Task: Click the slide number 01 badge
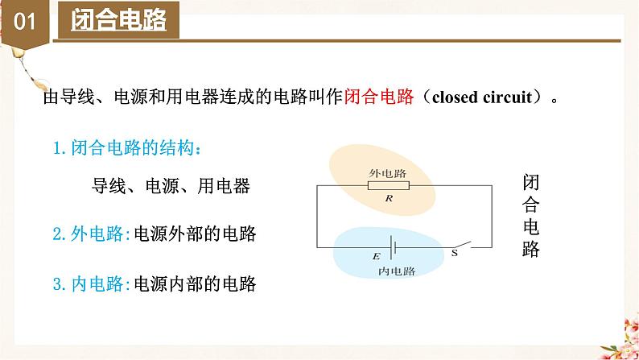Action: [x=25, y=22]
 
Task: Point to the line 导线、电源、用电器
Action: [x=171, y=187]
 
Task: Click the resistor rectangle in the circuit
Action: [x=388, y=185]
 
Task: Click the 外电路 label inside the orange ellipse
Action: [x=388, y=172]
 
